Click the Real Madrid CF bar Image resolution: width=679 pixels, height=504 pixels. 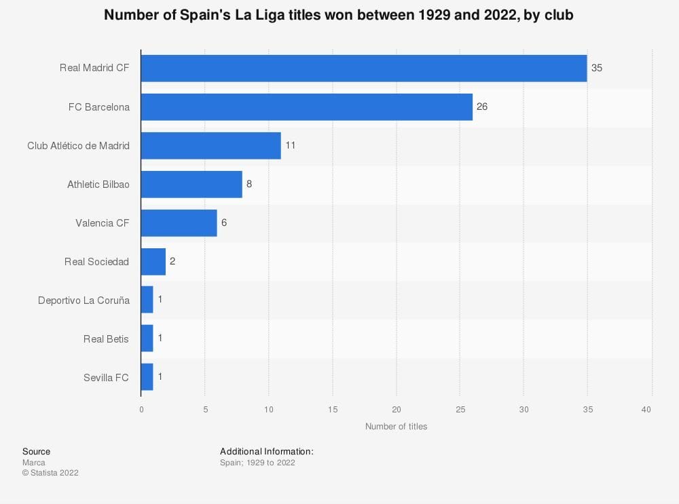(363, 69)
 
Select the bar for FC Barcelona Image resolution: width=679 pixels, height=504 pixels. (306, 107)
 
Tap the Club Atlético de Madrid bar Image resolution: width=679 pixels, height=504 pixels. (210, 146)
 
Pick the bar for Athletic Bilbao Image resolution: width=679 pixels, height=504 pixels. (191, 185)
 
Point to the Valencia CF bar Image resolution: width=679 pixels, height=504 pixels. (179, 223)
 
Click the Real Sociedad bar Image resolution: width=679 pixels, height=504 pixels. (153, 262)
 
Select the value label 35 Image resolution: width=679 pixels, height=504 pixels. (597, 69)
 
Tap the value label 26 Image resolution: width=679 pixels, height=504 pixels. (482, 107)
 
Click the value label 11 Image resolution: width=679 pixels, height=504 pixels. (291, 146)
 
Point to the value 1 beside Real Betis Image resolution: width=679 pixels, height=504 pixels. (160, 338)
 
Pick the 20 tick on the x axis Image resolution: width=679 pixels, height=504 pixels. (397, 410)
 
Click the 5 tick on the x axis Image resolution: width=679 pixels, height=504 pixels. (205, 410)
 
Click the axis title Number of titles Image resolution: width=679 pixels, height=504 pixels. (396, 427)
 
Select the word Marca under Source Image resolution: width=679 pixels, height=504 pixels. (34, 463)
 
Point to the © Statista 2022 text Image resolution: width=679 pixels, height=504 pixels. (50, 473)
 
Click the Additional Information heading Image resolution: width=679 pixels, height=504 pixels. (266, 451)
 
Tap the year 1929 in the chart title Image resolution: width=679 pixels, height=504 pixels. (418, 16)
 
